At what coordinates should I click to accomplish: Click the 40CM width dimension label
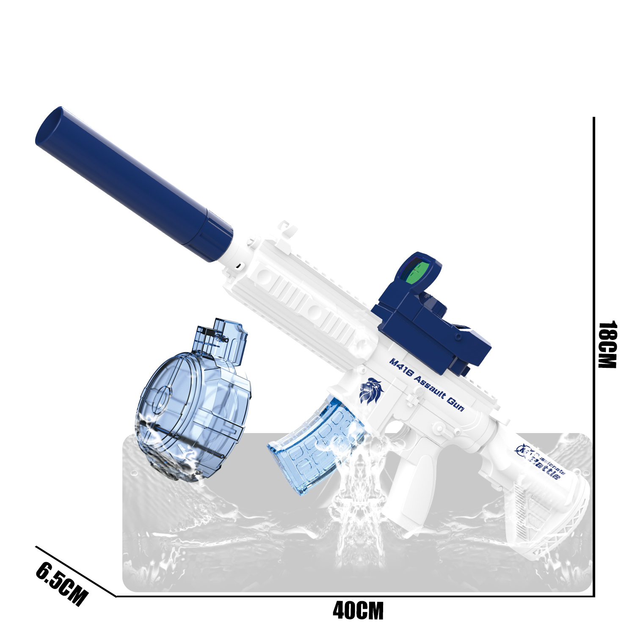[x=358, y=610]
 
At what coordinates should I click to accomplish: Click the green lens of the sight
[x=417, y=273]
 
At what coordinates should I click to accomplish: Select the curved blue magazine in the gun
[x=315, y=449]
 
